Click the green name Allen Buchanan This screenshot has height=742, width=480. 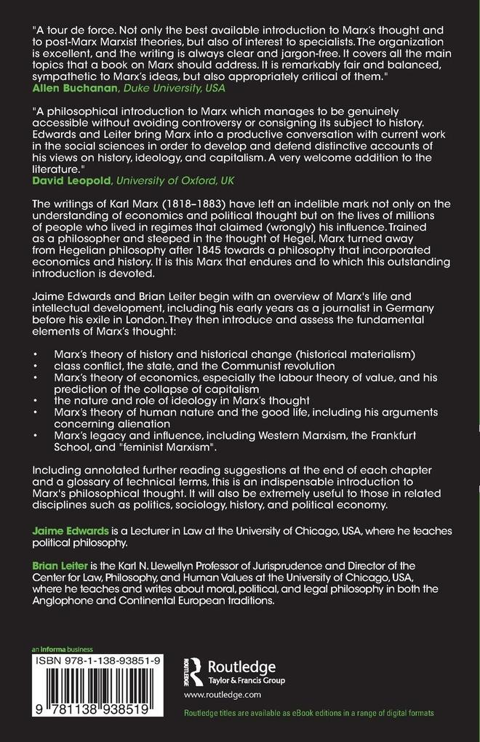click(66, 88)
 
